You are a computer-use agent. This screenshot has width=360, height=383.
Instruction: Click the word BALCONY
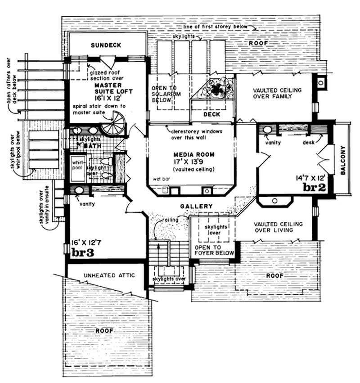[344, 162]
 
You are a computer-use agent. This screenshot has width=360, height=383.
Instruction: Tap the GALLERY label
[196, 206]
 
